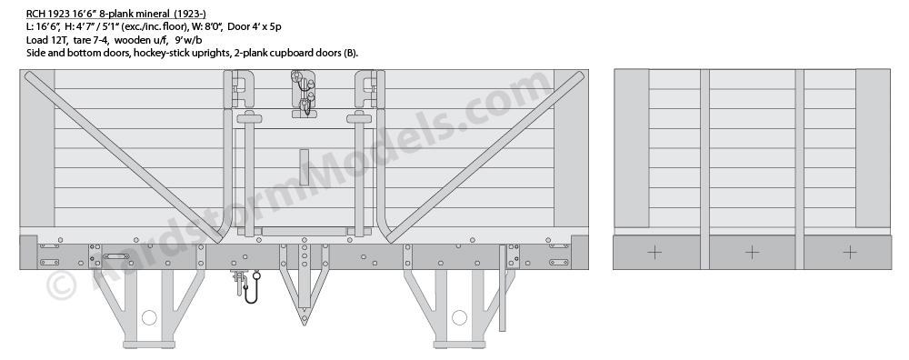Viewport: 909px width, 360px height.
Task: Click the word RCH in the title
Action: point(35,14)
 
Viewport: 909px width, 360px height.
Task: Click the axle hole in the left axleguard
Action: point(150,317)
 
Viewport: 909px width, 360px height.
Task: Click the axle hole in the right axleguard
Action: point(459,317)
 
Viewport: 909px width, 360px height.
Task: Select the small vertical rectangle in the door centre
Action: point(304,167)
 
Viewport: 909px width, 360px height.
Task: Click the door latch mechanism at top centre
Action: point(304,94)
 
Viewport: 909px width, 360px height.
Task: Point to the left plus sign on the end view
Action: point(654,252)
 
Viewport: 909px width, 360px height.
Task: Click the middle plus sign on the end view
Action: point(752,252)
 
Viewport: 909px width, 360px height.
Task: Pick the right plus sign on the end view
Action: point(849,252)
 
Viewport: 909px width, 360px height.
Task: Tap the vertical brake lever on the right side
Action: point(503,288)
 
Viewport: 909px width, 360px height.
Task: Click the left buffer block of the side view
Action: point(28,252)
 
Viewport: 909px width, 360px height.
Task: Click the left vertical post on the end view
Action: point(704,169)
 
